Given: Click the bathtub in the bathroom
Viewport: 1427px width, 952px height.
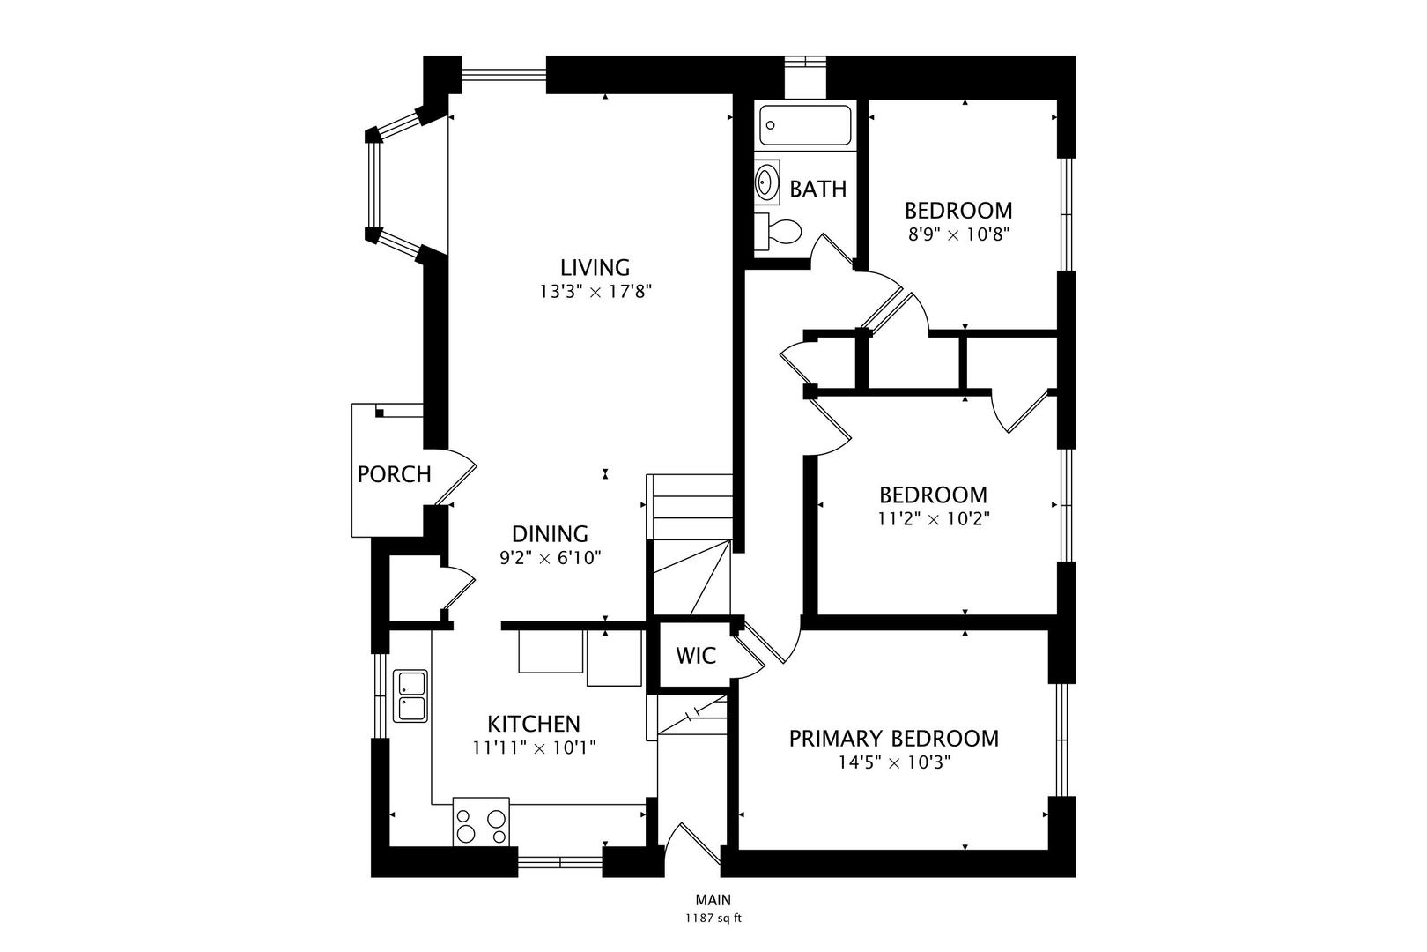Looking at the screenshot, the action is click(x=805, y=125).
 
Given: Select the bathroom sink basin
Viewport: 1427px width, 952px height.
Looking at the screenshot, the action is click(x=766, y=182).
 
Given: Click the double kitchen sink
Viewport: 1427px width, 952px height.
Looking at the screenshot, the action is click(x=410, y=695).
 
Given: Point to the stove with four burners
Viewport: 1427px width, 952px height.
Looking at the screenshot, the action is click(x=481, y=822).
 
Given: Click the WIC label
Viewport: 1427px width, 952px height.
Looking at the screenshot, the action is click(x=696, y=656).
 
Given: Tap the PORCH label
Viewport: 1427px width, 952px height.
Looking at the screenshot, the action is click(x=395, y=474).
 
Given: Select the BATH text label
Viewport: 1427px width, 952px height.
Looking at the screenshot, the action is click(x=818, y=189).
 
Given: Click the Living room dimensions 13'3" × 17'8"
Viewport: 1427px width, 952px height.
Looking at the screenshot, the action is click(x=595, y=292).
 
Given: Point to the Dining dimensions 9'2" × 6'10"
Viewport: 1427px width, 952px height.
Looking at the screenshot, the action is click(x=551, y=558).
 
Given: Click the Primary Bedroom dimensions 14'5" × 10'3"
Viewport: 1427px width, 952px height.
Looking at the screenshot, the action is click(x=894, y=762).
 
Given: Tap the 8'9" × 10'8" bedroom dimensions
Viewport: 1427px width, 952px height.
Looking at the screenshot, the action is click(x=958, y=234).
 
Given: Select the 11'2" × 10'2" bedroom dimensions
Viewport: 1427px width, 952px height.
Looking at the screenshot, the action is click(x=934, y=519).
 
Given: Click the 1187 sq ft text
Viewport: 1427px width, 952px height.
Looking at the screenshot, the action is click(x=713, y=919).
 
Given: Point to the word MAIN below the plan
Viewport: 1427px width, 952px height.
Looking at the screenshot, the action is click(x=713, y=900).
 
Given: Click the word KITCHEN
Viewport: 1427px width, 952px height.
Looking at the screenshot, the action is click(x=534, y=724).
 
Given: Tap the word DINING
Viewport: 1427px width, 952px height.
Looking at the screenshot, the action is click(x=551, y=533).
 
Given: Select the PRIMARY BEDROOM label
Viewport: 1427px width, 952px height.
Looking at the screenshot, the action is click(x=894, y=739).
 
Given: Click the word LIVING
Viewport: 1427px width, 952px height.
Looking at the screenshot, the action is click(x=595, y=267).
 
